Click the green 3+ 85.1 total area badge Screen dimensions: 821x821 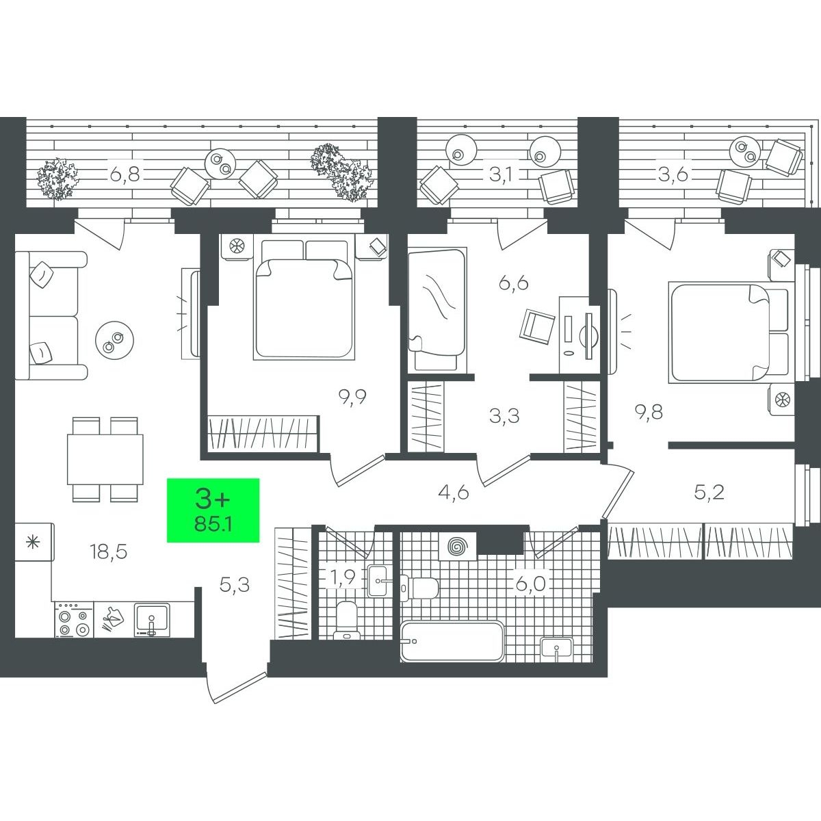click(213, 510)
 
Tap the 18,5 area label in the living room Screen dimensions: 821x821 click(109, 552)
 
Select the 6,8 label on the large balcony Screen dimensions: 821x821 click(125, 174)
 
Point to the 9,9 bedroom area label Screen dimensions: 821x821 click(352, 398)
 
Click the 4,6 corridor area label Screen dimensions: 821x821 click(454, 493)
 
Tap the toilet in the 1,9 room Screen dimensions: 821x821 click(348, 621)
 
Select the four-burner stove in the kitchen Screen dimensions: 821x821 click(74, 619)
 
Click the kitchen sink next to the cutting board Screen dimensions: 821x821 click(152, 620)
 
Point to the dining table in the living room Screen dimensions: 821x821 click(105, 459)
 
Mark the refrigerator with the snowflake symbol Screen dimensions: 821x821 click(34, 543)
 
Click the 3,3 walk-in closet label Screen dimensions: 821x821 click(504, 416)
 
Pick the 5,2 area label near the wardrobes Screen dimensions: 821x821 click(709, 493)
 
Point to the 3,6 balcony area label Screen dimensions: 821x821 click(673, 174)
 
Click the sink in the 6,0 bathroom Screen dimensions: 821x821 click(556, 649)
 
